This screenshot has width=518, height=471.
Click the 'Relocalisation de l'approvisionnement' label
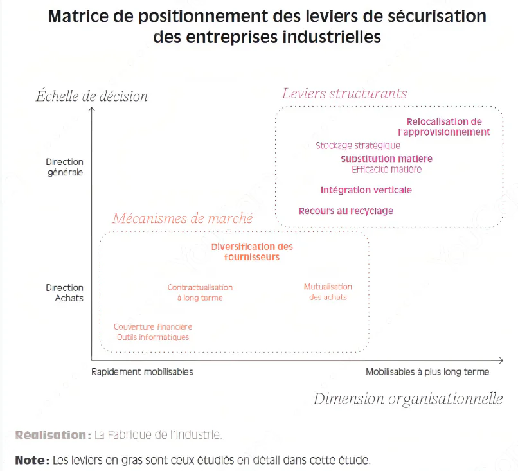[x=444, y=127]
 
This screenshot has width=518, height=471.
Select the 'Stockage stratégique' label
[x=357, y=146]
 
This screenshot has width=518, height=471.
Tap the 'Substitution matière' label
[x=386, y=159]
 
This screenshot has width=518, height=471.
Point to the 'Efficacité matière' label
[x=386, y=170]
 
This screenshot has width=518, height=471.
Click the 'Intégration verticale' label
[x=366, y=190]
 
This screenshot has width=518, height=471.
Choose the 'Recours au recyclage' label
[x=346, y=211]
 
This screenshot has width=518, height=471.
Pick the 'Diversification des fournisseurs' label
[x=252, y=252]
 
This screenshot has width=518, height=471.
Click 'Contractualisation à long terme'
[x=200, y=292]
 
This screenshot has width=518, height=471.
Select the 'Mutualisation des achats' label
[x=328, y=292]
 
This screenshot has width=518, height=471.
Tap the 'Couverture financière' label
[x=153, y=327]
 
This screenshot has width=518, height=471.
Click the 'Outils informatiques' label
[x=153, y=337]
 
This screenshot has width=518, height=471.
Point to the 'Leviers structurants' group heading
[x=344, y=94]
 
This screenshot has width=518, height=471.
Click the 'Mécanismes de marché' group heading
[x=183, y=218]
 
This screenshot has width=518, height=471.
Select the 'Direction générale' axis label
[x=65, y=167]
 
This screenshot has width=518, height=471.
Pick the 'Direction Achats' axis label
[x=65, y=293]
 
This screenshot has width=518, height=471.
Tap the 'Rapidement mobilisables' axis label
[x=142, y=371]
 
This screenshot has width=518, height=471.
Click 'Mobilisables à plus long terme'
[x=427, y=371]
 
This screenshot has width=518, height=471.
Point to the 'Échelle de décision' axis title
[x=91, y=96]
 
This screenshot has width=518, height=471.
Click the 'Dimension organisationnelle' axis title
[x=407, y=399]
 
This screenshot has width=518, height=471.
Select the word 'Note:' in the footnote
[x=32, y=460]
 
